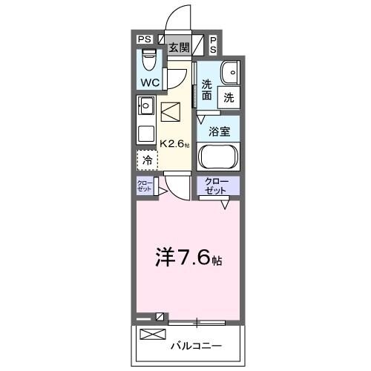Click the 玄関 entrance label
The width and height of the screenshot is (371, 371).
click(x=178, y=47)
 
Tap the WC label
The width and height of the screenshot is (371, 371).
click(x=148, y=82)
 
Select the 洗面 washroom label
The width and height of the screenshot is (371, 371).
click(x=206, y=91)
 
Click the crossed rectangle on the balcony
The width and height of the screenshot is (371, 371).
click(x=151, y=335)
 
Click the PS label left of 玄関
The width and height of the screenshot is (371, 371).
click(x=145, y=40)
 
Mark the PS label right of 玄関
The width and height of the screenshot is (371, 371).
click(x=214, y=44)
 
